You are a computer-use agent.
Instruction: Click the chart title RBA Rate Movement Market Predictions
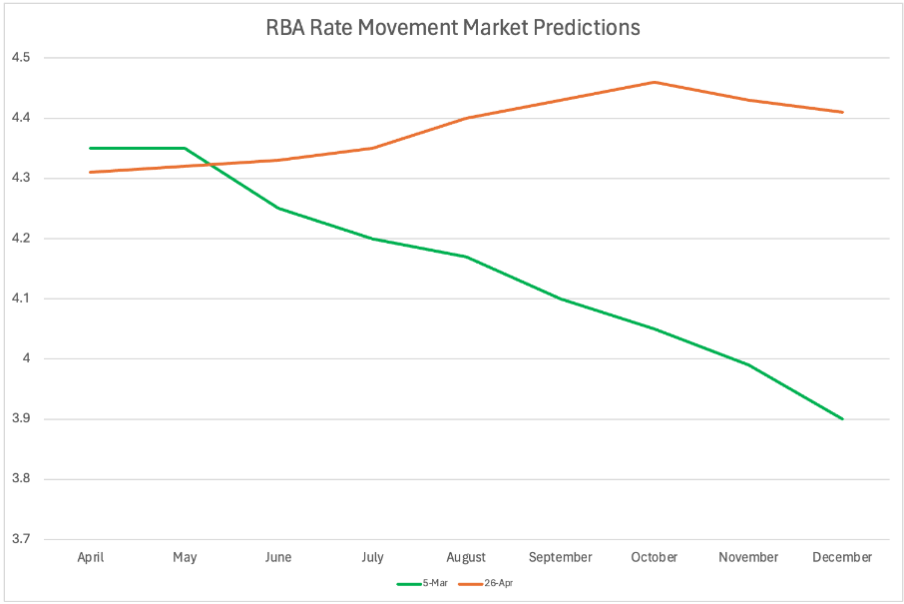click(452, 28)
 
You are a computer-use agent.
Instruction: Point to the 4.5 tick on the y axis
click(21, 58)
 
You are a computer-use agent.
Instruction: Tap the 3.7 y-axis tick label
click(21, 539)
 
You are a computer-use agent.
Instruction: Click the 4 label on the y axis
click(27, 359)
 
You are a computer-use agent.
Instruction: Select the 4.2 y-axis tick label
click(21, 239)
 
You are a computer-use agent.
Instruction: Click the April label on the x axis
click(91, 557)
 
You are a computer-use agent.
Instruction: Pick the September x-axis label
click(561, 557)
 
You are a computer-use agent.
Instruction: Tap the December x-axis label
click(843, 557)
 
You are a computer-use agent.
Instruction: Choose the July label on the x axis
click(372, 557)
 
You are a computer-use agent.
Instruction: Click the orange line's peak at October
click(655, 82)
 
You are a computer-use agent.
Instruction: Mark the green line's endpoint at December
click(843, 419)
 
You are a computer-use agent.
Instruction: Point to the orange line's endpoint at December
click(843, 112)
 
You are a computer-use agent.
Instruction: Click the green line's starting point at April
click(91, 148)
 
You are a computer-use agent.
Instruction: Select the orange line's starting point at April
click(91, 172)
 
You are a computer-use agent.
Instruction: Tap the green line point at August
click(467, 257)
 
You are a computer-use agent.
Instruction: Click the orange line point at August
click(467, 118)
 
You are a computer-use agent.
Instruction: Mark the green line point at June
click(278, 208)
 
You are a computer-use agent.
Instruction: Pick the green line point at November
click(748, 364)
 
